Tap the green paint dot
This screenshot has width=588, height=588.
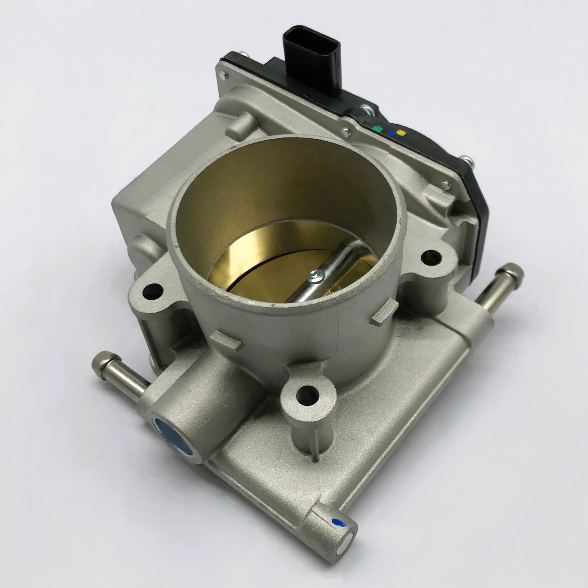(377, 129)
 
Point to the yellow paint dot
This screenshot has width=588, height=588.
(402, 133)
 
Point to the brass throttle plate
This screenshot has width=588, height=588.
(274, 268)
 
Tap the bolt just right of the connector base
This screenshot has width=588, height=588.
(367, 111)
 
